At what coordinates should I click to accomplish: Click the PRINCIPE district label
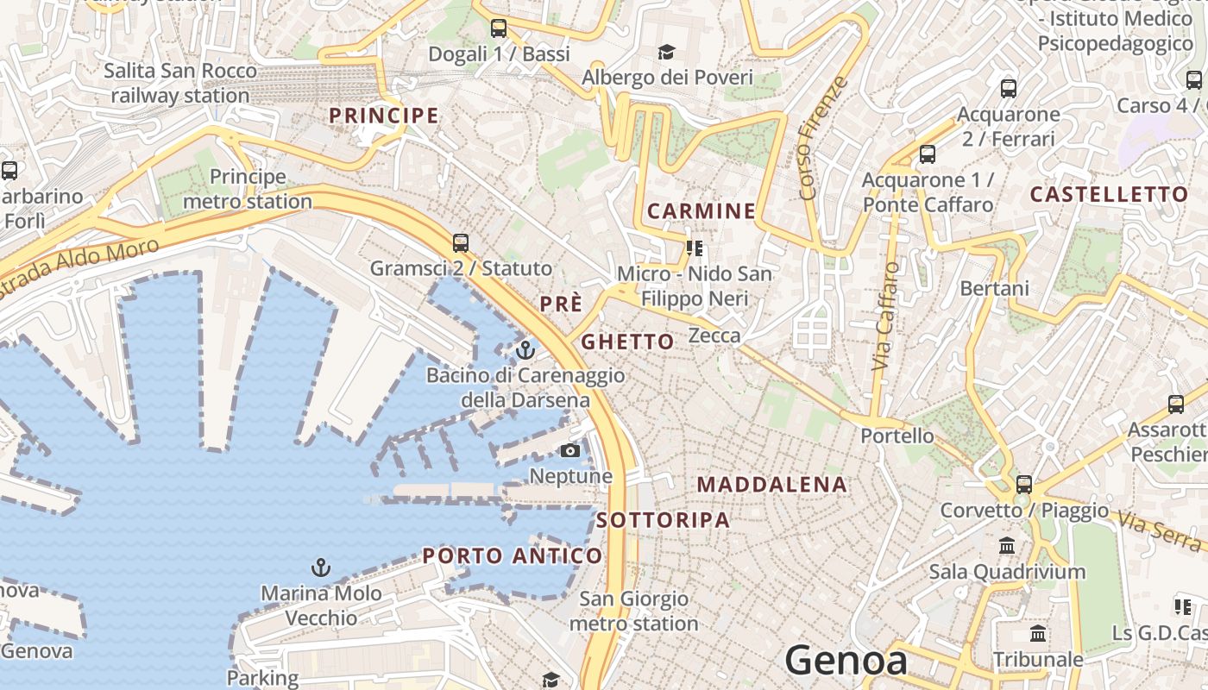coord(384,116)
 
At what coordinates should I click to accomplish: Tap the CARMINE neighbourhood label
coord(702,211)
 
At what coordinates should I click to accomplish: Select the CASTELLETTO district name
coord(1110,195)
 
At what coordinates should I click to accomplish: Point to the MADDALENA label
coord(772,485)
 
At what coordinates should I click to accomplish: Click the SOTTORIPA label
coord(663,520)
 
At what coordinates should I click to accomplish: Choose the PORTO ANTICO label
coord(512,556)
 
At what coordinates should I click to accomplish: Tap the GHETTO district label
coord(627,342)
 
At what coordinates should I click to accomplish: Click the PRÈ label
coord(561,304)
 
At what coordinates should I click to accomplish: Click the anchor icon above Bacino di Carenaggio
coord(525,350)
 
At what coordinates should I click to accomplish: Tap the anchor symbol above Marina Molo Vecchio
coord(321,568)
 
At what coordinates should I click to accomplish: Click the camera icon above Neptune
coord(570,450)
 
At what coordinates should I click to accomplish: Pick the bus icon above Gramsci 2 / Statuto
coord(461,242)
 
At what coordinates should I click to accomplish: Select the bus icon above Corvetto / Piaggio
coord(1024,484)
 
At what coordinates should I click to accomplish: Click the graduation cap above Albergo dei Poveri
coord(666,53)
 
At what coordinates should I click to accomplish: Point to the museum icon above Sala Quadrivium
coord(1006,546)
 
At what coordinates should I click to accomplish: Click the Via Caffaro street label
coord(885,317)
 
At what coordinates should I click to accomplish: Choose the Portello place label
coord(897,436)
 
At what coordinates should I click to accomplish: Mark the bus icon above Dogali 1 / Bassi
coord(499,28)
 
